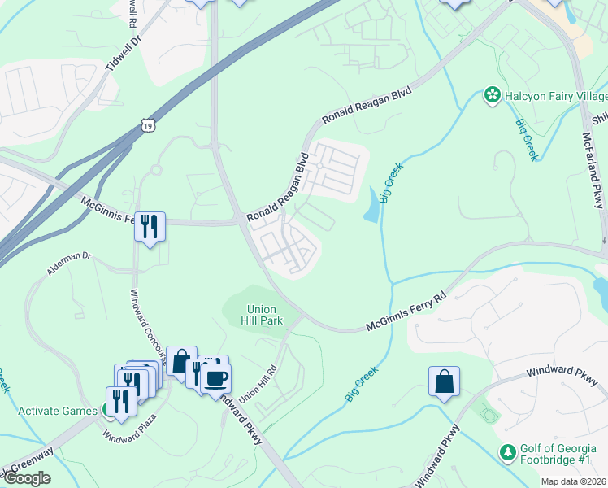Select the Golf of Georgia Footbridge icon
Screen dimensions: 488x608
(x=508, y=451)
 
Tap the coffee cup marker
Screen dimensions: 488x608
(x=216, y=378)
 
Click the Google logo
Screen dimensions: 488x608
(x=27, y=478)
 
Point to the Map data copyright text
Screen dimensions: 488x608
(x=574, y=481)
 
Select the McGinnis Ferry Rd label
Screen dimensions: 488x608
(x=407, y=312)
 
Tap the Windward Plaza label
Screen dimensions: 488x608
(x=128, y=429)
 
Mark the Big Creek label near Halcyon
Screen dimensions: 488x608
(x=525, y=140)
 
